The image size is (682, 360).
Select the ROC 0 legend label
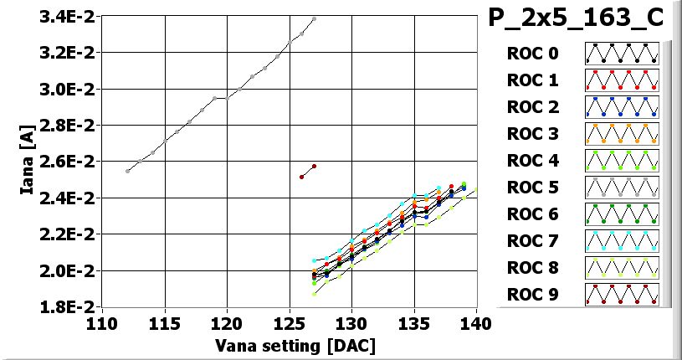(x=532, y=54)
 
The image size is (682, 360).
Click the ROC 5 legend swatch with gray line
(x=622, y=188)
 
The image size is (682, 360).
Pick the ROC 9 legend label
(x=532, y=295)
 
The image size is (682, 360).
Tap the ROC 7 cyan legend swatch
(x=622, y=241)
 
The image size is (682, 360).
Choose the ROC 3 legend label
(x=532, y=134)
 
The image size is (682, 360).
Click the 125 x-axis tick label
(x=290, y=323)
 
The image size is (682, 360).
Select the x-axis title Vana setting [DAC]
(x=295, y=345)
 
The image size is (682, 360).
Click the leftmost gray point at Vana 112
(x=127, y=171)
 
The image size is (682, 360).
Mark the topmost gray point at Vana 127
(x=314, y=18)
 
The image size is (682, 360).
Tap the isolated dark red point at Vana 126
(x=302, y=177)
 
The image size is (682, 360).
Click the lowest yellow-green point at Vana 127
(x=315, y=294)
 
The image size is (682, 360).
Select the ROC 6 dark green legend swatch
(x=622, y=214)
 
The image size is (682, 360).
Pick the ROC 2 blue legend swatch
(x=622, y=107)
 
